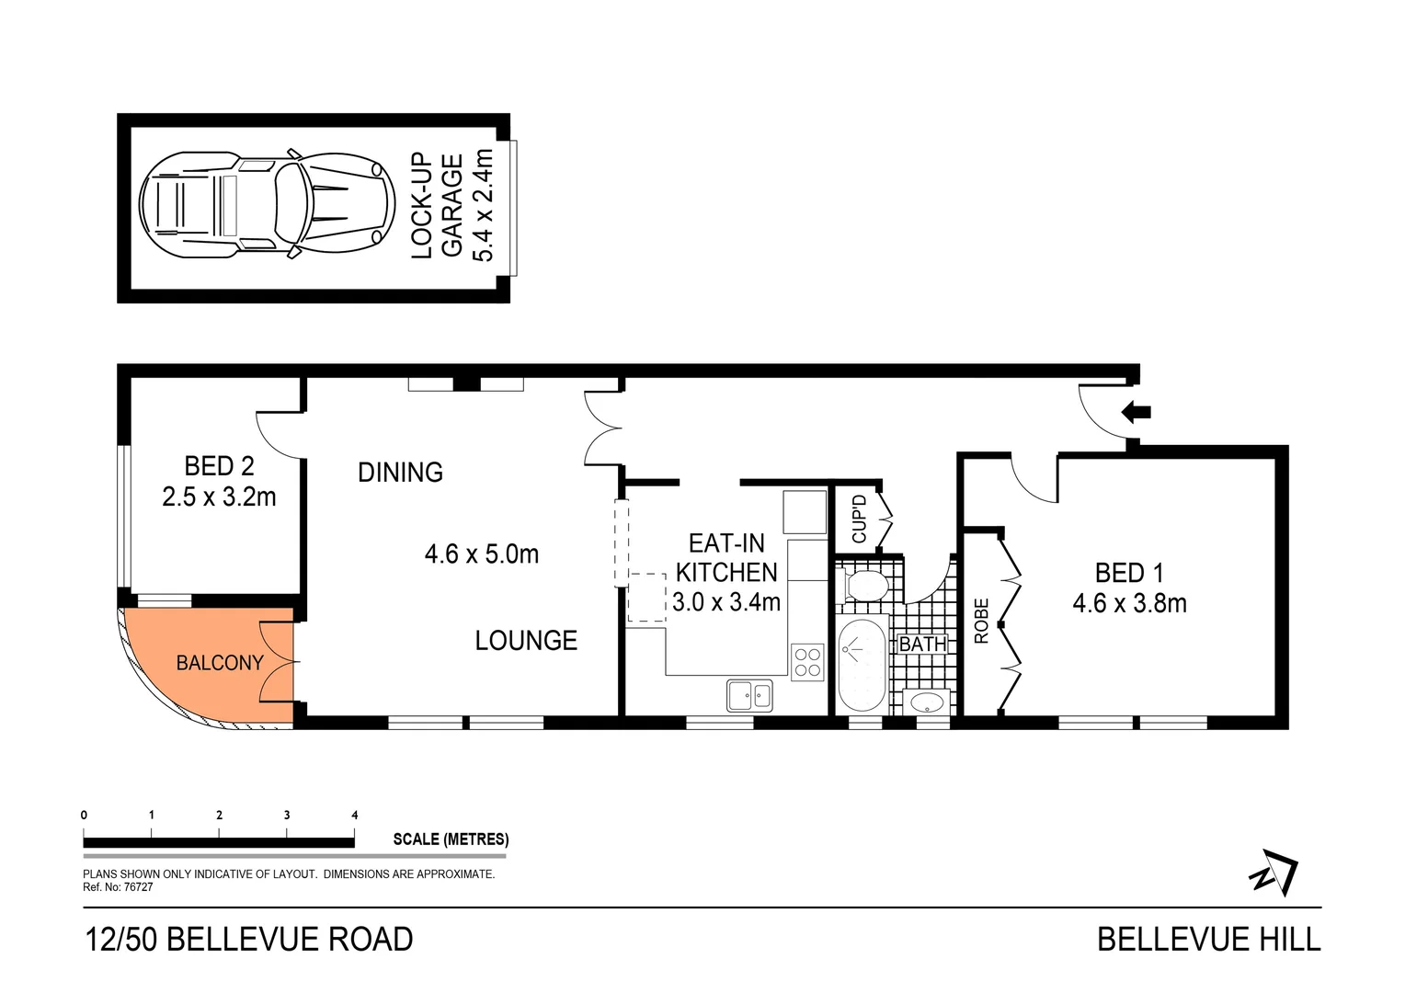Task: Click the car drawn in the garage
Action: (x=262, y=203)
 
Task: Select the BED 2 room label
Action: (x=219, y=466)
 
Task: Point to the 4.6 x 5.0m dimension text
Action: (x=481, y=554)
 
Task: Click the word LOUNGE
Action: (x=526, y=640)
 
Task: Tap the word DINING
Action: (x=400, y=473)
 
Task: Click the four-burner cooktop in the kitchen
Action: (x=807, y=662)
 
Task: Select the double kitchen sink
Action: (x=749, y=695)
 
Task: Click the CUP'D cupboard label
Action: (x=860, y=519)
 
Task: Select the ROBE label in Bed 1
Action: (x=981, y=621)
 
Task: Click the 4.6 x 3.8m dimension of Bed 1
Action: (x=1129, y=603)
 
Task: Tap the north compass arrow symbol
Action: (x=1274, y=872)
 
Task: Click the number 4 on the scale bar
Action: (x=355, y=816)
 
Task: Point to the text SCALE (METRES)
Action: (x=451, y=839)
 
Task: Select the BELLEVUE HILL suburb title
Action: (x=1208, y=939)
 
